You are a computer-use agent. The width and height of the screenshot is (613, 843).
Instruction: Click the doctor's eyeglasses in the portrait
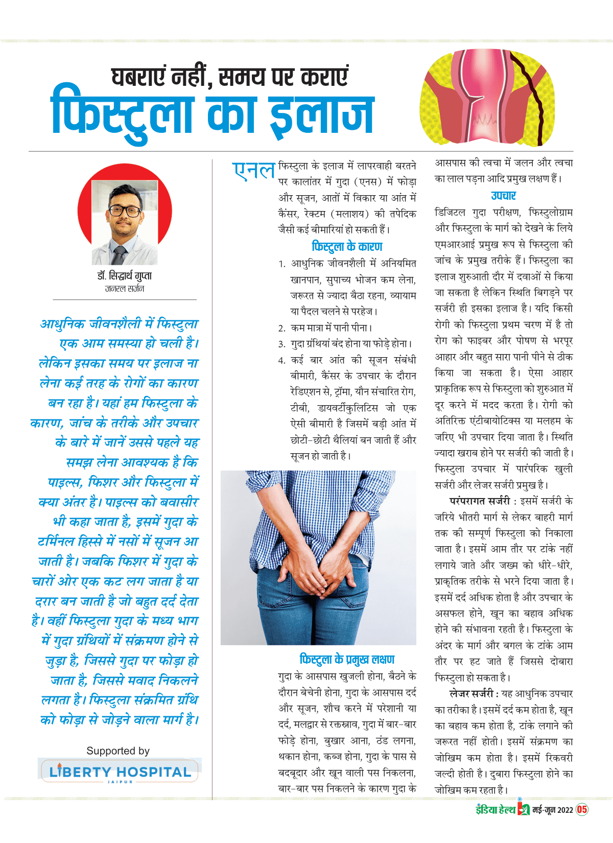[x=125, y=211]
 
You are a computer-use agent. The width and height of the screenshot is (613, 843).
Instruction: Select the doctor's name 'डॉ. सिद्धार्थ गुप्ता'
[x=124, y=276]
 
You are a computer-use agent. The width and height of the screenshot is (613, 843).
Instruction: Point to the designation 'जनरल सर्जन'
[x=124, y=289]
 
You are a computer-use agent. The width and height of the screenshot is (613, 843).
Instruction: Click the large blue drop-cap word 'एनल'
[x=254, y=171]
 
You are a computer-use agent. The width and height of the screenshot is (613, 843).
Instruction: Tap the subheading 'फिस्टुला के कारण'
[x=347, y=247]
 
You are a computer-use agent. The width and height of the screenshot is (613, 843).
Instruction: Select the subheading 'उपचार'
[x=503, y=196]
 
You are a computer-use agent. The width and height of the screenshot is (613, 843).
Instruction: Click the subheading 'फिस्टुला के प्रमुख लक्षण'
[x=347, y=660]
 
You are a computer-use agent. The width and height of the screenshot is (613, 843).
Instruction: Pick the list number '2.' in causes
[x=282, y=328]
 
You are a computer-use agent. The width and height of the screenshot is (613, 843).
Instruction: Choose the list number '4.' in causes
[x=282, y=360]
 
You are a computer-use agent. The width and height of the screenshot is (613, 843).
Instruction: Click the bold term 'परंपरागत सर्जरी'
[x=479, y=501]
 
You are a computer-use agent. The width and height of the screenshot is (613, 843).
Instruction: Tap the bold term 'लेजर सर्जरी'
[x=471, y=694]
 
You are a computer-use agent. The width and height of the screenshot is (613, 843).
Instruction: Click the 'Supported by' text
[x=118, y=751]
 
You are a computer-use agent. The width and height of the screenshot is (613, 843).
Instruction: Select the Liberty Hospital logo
[x=119, y=771]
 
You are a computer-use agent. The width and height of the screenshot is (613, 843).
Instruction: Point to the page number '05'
[x=582, y=810]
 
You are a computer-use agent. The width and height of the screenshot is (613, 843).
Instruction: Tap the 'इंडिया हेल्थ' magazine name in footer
[x=495, y=810]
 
